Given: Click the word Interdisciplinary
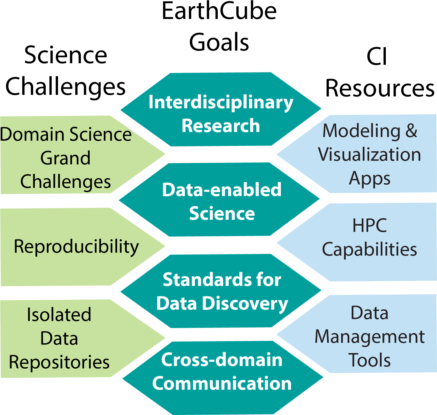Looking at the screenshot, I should pos(221,102).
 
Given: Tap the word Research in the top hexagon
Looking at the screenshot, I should pos(221,126).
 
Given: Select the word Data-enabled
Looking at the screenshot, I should pos(222,190).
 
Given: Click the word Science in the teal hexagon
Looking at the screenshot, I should pos(222,213).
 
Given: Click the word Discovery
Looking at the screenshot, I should pos(245,304).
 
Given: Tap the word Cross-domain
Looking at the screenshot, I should pos(222,360).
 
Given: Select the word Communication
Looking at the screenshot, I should pos(222,383).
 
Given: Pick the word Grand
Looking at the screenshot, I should pos(65,158).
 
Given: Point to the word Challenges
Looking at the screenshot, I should pos(65,182).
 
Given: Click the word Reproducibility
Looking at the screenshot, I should pos(76,247).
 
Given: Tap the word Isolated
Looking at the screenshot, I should pos(59,315).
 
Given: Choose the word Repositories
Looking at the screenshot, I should pos(59,362).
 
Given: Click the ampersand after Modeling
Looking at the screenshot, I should pos(411,131).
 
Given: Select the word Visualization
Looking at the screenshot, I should pos(369,154).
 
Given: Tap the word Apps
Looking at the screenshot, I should pos(369,179).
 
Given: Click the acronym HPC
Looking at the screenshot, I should pos(369,226).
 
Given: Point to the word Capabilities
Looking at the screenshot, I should pos(369,249).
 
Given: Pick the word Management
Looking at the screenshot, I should pos(369,337).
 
